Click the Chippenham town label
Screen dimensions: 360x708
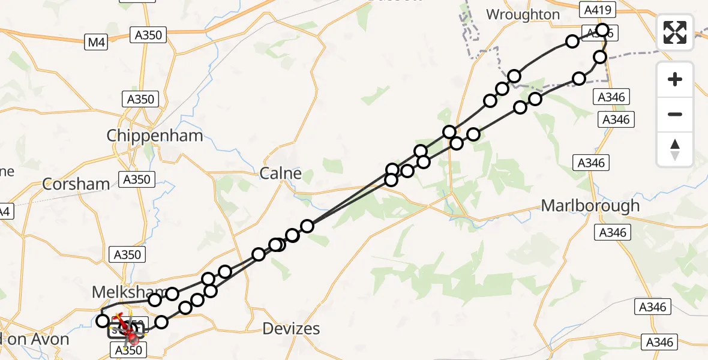point(155,136)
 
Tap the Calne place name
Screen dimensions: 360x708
point(280,174)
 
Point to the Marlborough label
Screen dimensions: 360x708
point(590,206)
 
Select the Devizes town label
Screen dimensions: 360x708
point(292,329)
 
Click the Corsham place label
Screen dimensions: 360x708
point(76,184)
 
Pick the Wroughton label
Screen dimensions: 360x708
point(523,14)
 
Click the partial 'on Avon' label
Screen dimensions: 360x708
point(35,339)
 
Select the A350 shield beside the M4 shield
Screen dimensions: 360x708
point(148,35)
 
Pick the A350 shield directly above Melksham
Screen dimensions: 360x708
point(127,254)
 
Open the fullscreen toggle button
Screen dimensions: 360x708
point(675,32)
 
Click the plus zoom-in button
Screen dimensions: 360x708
point(675,79)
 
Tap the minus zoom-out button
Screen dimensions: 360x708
point(675,114)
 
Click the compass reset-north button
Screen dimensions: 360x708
point(675,149)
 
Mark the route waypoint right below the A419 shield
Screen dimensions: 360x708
point(602,30)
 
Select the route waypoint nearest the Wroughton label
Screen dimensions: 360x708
point(572,41)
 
